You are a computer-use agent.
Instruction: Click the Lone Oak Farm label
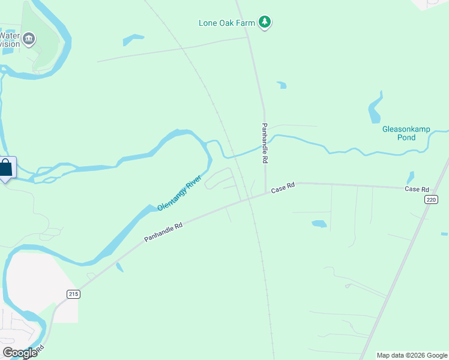(228, 23)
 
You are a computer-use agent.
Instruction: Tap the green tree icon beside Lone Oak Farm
(265, 23)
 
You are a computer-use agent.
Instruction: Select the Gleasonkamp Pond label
(399, 133)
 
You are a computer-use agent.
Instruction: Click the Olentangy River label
(179, 193)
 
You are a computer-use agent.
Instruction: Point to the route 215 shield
(73, 293)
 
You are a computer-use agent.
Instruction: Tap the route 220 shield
(430, 200)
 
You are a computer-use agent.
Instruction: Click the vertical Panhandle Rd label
(264, 143)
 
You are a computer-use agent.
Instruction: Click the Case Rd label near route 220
(417, 189)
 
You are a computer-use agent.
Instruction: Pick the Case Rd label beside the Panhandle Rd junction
(283, 188)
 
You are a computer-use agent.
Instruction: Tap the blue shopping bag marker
(6, 169)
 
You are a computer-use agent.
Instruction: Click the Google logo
(20, 353)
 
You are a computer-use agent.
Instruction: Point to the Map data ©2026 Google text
(411, 355)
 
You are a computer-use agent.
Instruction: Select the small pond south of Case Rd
(319, 224)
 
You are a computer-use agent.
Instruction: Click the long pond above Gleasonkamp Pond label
(374, 109)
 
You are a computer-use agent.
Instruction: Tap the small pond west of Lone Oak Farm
(133, 40)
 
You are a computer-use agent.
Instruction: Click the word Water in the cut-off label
(10, 35)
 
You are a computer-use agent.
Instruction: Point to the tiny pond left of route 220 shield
(410, 178)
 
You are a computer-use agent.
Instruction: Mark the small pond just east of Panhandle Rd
(281, 85)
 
